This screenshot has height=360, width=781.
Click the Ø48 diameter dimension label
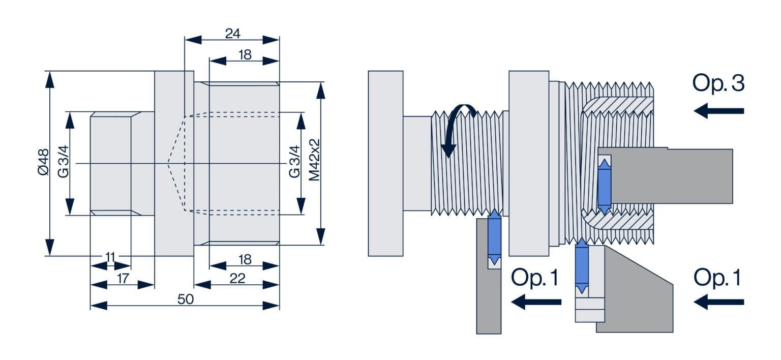pos(43,163)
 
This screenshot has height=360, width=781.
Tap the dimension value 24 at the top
pos(232,34)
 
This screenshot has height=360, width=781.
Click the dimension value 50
pos(185,299)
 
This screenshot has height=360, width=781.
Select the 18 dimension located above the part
pos(245,55)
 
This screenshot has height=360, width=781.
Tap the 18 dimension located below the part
pos(245,259)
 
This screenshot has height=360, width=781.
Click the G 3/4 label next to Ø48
pos(63,163)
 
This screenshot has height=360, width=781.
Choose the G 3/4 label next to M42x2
pos(294,163)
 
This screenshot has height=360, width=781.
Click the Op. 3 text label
pos(718,83)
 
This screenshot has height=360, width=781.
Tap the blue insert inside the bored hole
pos(604,186)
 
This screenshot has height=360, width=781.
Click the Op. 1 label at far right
pos(717,278)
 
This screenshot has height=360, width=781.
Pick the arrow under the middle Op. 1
pos(536,302)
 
